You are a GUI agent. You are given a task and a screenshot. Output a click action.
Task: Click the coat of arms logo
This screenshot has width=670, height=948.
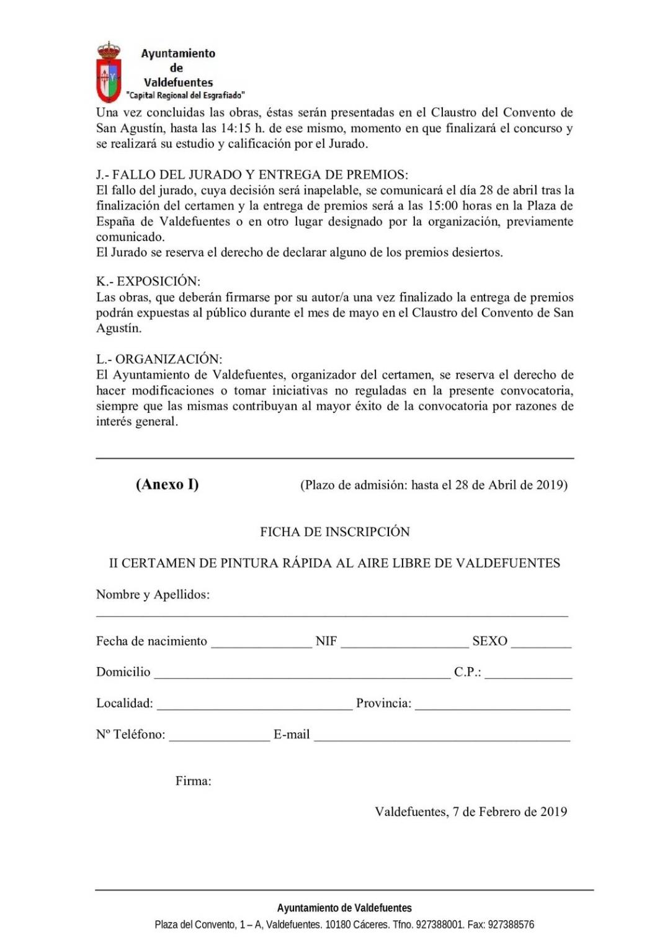pyautogui.click(x=109, y=72)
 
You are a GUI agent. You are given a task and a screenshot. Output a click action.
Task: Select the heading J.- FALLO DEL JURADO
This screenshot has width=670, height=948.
pyautogui.click(x=252, y=174)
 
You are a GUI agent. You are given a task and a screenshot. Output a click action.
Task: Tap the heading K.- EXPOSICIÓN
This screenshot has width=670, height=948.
pyautogui.click(x=148, y=281)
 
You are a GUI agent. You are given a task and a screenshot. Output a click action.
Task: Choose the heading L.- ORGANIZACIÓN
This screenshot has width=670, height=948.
pyautogui.click(x=159, y=359)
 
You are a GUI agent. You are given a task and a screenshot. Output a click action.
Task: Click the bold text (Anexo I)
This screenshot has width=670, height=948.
pyautogui.click(x=167, y=484)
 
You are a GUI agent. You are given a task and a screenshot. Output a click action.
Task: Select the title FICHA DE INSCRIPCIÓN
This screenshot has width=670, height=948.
pyautogui.click(x=335, y=531)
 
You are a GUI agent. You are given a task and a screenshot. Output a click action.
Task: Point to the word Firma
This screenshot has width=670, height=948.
pyautogui.click(x=193, y=781)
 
